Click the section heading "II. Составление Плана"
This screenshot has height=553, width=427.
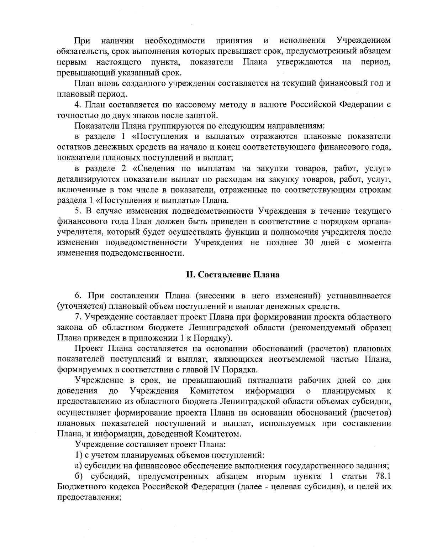233,275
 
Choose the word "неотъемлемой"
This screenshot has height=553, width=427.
292,359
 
